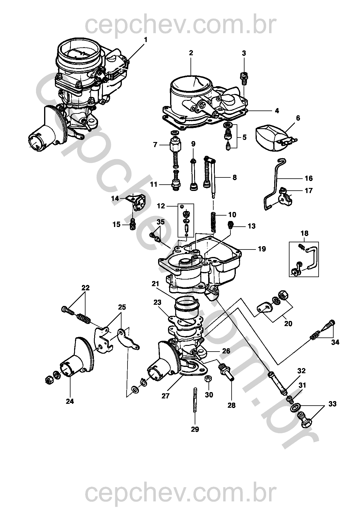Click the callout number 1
pos(146,40)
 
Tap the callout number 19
pos(262,249)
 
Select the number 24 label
pos(70,401)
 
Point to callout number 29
pos(195,429)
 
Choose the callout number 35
pos(161,222)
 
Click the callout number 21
pos(155,284)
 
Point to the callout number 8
pos(234,177)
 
